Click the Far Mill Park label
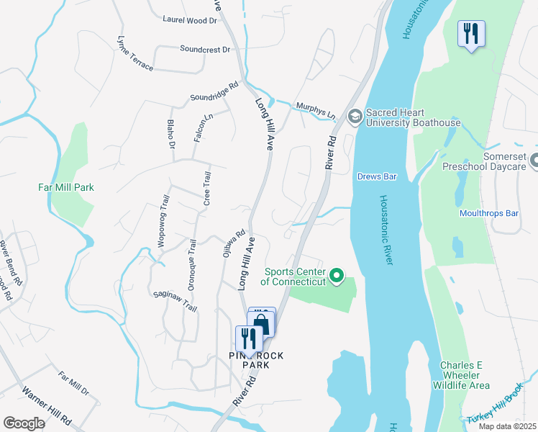point(66,188)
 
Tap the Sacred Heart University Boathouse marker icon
point(355,116)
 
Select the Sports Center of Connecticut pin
point(336,276)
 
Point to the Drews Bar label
point(378,176)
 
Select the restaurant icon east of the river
point(472,33)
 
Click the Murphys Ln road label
point(316,110)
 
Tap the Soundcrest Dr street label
point(205,50)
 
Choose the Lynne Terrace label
point(135,53)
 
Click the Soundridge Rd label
point(214,91)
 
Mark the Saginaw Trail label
point(175,301)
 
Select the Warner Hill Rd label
point(46,406)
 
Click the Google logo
point(24,423)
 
